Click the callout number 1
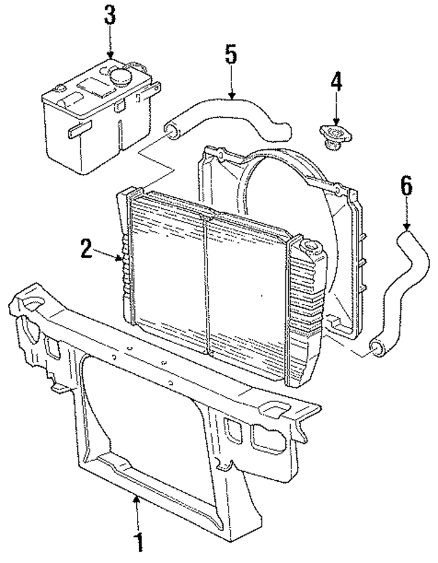[140, 543]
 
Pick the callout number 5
[231, 54]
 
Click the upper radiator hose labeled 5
[226, 110]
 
